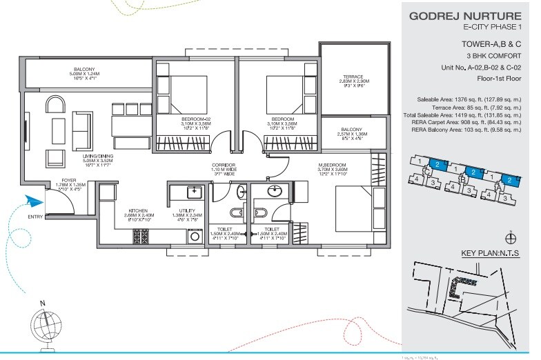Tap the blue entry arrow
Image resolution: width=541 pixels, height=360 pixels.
32,201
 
